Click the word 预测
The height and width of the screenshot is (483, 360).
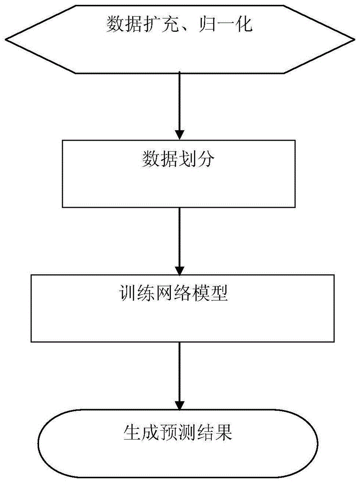(178, 431)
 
